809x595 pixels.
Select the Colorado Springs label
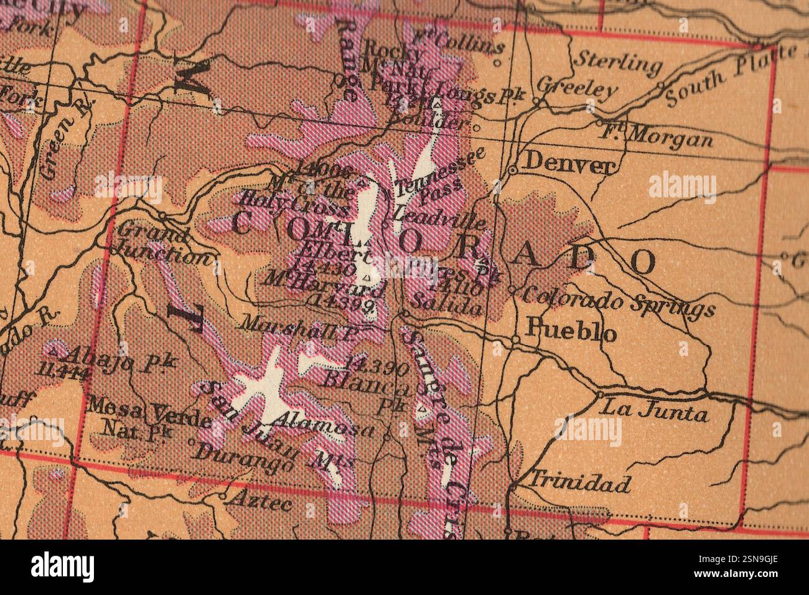click(618, 301)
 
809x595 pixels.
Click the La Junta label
click(653, 411)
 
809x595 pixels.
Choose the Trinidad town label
click(579, 482)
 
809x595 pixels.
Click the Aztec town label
click(260, 500)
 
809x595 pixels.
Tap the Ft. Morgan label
click(657, 135)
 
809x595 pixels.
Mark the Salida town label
click(447, 306)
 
